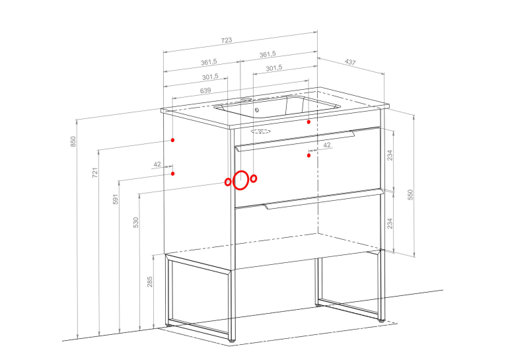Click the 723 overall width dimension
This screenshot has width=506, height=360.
tap(227, 40)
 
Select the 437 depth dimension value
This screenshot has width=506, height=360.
tap(350, 61)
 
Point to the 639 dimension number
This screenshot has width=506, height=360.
tap(205, 90)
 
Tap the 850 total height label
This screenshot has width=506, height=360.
tap(73, 141)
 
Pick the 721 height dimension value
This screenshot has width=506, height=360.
tap(95, 172)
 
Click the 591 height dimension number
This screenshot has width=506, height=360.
tap(116, 199)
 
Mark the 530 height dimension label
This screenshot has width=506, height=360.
tap(136, 223)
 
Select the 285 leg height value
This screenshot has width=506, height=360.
tap(149, 281)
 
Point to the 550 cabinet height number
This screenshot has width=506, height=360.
tap(410, 195)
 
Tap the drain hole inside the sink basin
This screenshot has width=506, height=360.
tap(257, 110)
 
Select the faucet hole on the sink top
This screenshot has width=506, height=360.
tap(246, 100)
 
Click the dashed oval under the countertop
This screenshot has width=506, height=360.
tap(260, 131)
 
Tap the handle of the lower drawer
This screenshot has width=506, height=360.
tap(324, 199)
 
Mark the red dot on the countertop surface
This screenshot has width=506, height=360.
tap(309, 122)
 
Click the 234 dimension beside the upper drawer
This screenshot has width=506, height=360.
tap(390, 155)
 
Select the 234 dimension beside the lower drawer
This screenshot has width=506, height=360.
tap(390, 223)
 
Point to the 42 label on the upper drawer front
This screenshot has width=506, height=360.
tap(327, 145)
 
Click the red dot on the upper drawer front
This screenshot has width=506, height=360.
tap(309, 155)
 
